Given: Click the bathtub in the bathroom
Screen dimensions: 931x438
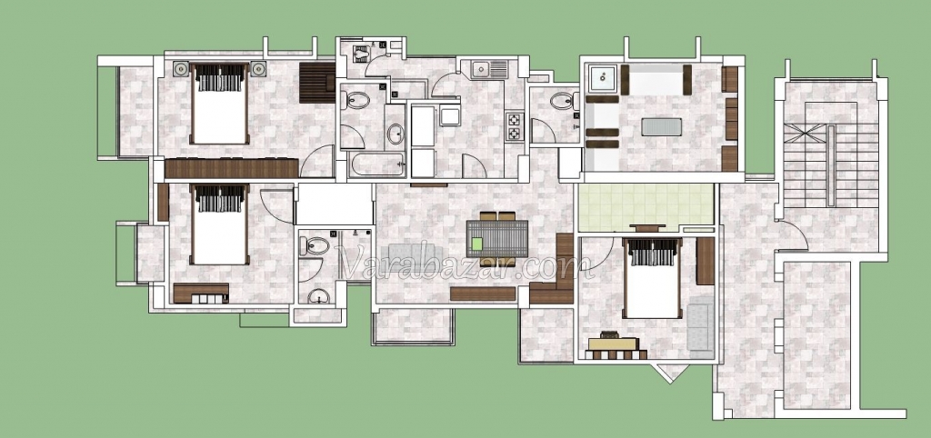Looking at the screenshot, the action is tap(377, 164).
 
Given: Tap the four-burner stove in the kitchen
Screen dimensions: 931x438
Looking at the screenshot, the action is tap(515, 126).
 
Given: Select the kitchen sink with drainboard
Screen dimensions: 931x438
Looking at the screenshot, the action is tap(490, 69).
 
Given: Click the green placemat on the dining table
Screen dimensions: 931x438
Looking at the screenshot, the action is tap(476, 244).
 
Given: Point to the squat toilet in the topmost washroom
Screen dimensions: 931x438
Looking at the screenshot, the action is tap(361, 54).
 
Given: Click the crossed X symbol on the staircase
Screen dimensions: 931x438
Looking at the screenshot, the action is tap(805, 133).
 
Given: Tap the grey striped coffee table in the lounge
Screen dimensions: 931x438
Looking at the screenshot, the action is tap(662, 126).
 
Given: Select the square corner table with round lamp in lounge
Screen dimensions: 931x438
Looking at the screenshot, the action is tap(603, 76).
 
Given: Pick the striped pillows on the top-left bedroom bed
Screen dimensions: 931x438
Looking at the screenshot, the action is tap(220, 78).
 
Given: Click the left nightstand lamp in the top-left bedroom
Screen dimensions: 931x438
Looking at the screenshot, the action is tap(181, 69).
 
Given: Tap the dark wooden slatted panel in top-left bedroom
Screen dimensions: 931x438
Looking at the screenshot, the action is tap(317, 83).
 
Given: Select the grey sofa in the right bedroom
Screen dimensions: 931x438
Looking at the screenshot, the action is tap(701, 326).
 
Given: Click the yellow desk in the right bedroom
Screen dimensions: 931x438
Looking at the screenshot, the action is tap(614, 343).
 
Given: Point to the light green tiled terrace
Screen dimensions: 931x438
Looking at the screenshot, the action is tap(646, 207).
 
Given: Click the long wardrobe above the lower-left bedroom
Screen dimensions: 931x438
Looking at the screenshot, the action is tap(232, 168).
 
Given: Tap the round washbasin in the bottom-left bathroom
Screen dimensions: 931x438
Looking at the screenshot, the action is tap(319, 295).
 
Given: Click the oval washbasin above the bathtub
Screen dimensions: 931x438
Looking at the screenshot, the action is tap(395, 134).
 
